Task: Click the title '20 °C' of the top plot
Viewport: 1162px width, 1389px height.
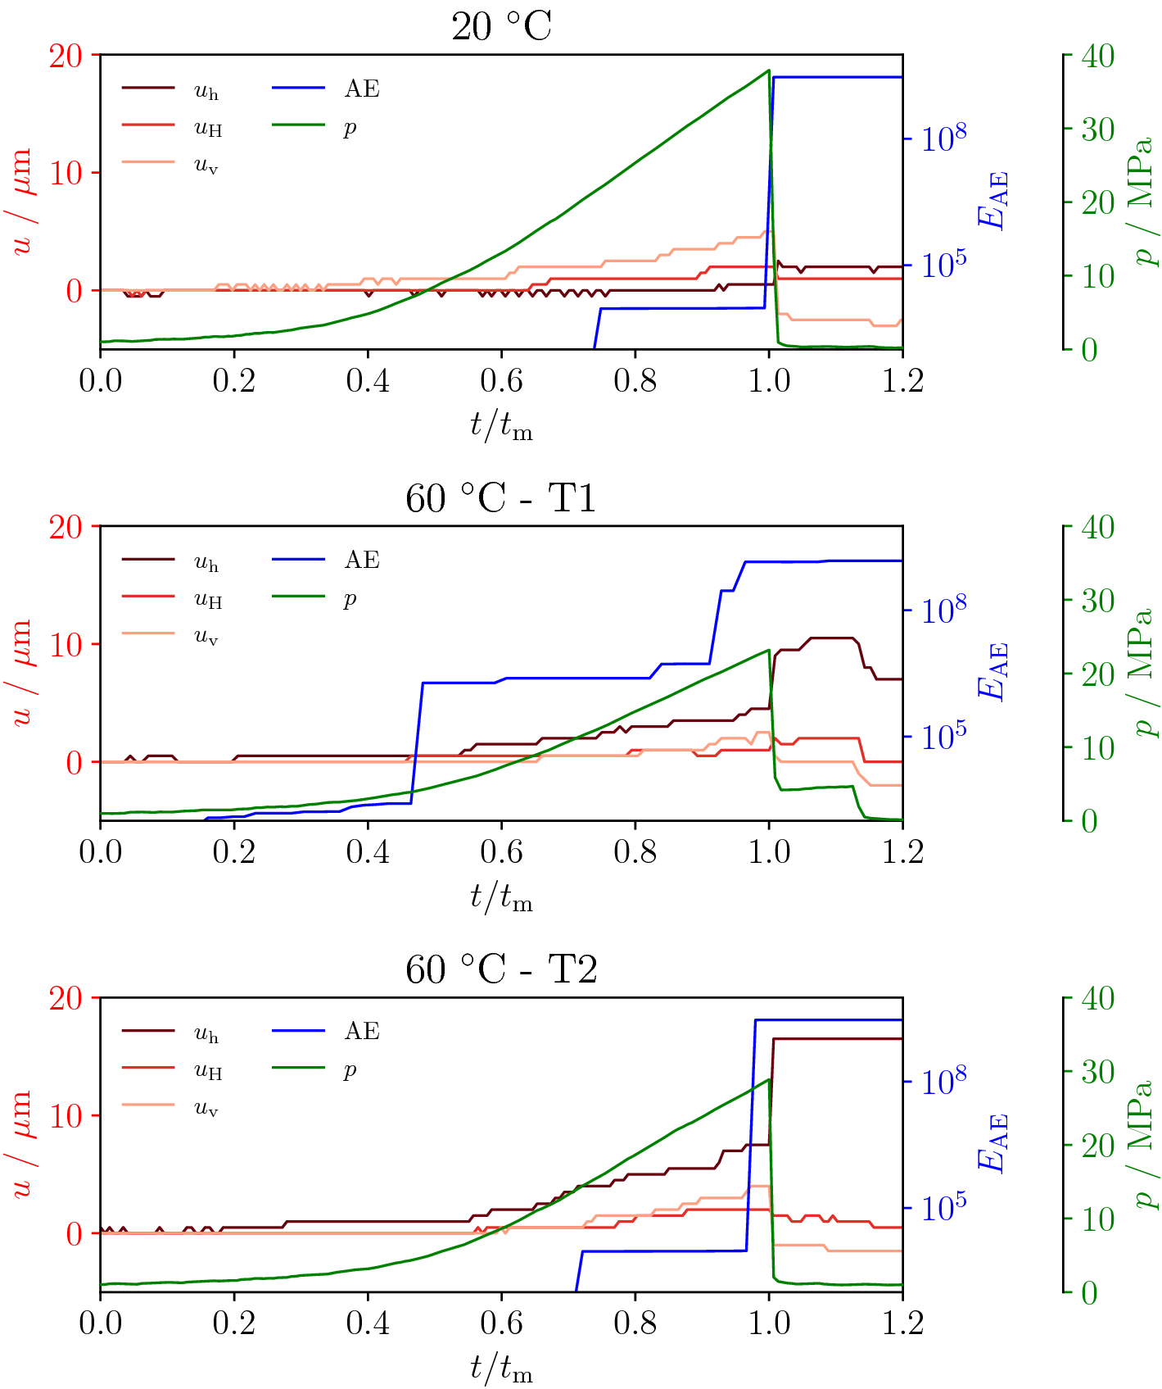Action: (501, 27)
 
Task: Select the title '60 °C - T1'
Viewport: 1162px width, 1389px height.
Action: (501, 498)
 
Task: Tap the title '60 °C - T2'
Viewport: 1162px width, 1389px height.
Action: (501, 969)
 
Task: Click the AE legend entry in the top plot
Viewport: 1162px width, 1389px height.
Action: (361, 89)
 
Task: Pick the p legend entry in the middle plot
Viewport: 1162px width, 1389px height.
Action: (350, 598)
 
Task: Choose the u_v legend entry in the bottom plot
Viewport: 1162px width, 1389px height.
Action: (206, 1108)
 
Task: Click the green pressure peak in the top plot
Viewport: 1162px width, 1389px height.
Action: (768, 70)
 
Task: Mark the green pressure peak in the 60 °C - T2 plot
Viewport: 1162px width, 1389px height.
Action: (768, 1079)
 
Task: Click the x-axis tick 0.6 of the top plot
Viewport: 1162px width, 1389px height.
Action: (501, 381)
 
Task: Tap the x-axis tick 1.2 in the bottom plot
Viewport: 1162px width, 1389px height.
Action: (902, 1323)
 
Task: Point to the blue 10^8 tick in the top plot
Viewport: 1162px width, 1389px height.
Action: (943, 138)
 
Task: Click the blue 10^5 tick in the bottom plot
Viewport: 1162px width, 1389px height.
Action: (943, 1207)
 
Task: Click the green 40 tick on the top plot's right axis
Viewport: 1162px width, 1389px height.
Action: (1097, 57)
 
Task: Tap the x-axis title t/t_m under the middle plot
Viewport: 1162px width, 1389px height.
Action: (501, 898)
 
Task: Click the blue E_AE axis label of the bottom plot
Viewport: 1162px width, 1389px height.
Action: (992, 1142)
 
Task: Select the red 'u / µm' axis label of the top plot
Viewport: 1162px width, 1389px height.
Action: (22, 201)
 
